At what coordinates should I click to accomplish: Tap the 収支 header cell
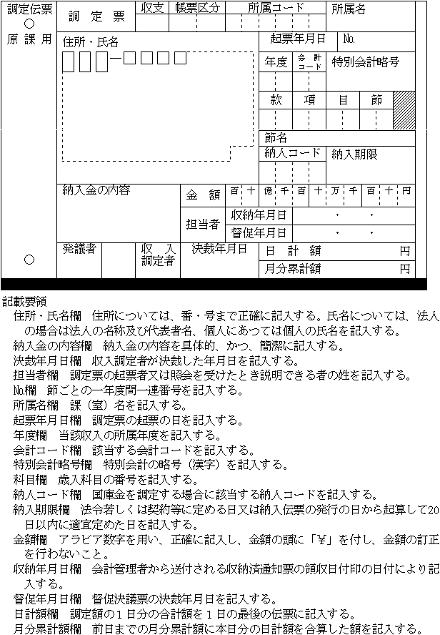(152, 8)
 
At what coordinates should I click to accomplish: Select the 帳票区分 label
(194, 8)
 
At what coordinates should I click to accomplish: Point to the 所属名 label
(349, 9)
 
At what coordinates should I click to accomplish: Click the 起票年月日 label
(298, 39)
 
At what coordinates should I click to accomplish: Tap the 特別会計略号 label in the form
(365, 62)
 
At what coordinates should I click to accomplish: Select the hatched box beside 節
(404, 109)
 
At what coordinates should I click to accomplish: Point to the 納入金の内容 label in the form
(96, 190)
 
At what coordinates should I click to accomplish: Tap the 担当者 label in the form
(204, 224)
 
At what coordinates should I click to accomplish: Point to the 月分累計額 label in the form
(293, 269)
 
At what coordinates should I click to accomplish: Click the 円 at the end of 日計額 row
(405, 251)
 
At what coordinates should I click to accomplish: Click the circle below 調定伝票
(29, 23)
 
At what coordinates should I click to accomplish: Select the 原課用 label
(29, 39)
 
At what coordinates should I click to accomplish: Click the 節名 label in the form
(276, 137)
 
